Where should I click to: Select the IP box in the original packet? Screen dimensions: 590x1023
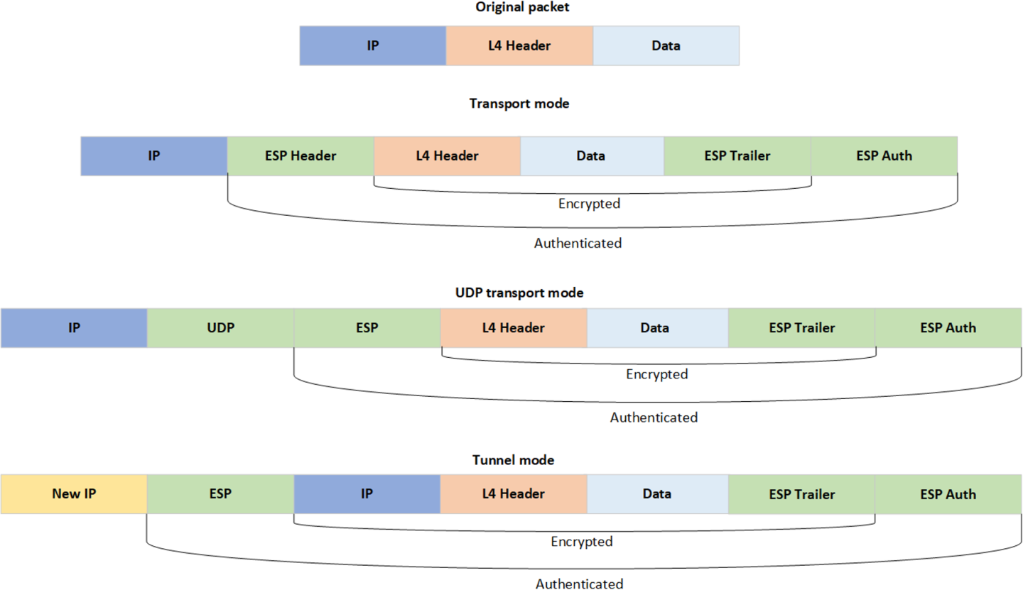tap(373, 46)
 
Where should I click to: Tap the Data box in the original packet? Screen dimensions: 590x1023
tap(666, 46)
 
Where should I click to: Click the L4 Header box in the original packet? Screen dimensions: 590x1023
tap(519, 46)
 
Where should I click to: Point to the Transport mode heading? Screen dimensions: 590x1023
tap(519, 103)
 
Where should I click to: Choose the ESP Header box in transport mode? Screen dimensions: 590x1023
tap(301, 155)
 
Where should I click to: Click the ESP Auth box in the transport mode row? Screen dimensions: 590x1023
tap(884, 155)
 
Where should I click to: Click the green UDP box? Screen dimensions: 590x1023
tap(220, 328)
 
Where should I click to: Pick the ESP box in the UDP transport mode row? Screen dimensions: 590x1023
tap(367, 328)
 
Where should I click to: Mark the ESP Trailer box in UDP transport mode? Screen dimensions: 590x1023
tap(801, 328)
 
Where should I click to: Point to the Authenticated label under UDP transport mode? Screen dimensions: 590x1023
tap(654, 417)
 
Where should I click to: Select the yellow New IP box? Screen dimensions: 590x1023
tap(74, 494)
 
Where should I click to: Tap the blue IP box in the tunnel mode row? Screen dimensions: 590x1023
tap(367, 494)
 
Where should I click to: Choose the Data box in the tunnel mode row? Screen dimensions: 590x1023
tap(657, 494)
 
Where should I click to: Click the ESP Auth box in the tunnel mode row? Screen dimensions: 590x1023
tap(948, 494)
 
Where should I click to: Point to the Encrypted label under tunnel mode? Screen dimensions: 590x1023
tap(582, 542)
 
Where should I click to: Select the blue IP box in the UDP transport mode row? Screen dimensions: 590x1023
tap(74, 328)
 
